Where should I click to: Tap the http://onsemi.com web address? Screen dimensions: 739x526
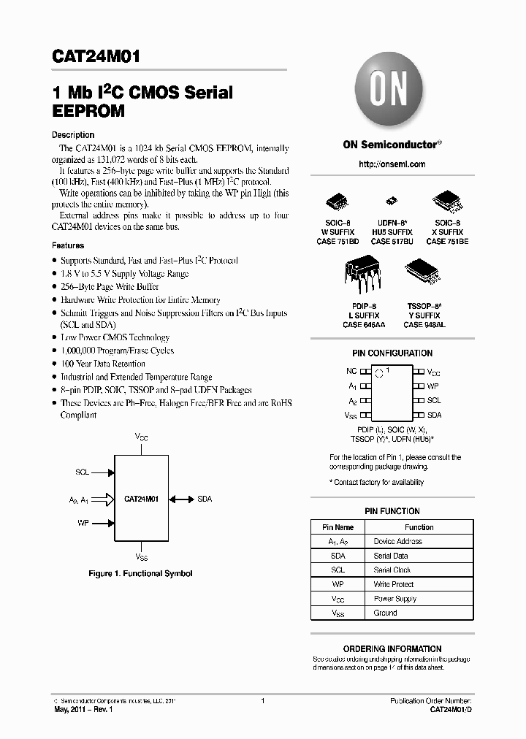[x=392, y=164]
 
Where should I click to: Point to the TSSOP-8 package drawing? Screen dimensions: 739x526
[x=424, y=272]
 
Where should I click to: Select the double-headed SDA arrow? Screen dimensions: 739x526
[x=180, y=499]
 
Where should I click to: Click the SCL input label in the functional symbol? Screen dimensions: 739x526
[x=82, y=472]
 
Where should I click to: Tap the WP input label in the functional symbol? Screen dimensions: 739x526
[x=83, y=524]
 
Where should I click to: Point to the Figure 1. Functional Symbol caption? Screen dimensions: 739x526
[x=140, y=574]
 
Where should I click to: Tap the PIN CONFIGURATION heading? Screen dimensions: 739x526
[x=392, y=353]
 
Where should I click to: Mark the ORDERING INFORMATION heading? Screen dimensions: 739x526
[x=392, y=648]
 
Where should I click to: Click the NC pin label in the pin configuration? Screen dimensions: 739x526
[x=351, y=372]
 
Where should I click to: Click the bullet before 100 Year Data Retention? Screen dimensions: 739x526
[x=55, y=364]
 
